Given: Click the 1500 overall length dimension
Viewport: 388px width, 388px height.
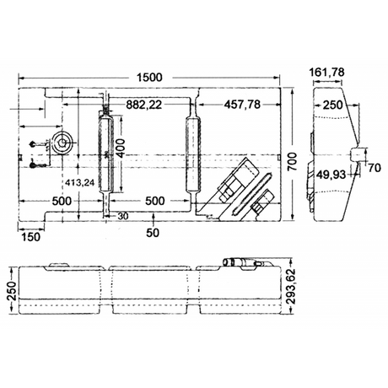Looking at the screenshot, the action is point(149,78).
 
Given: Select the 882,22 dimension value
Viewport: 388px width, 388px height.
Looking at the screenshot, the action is point(144,105).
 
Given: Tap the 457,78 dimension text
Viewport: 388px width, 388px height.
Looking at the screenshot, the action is point(242,105).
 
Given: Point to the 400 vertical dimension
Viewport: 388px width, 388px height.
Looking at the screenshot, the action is point(121,148).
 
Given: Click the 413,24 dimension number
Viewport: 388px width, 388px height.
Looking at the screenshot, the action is point(80,183).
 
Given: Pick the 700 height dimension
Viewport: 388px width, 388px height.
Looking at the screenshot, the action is point(293,161).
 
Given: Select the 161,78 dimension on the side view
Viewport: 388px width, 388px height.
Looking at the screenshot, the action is point(326,73).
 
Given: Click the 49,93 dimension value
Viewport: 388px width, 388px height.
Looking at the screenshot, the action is point(331,175).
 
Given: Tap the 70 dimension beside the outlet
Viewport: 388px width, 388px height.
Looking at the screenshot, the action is point(375,168).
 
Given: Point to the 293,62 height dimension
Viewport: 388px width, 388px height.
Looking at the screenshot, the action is point(293,286).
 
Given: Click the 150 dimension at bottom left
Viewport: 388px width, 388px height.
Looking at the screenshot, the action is point(31,237).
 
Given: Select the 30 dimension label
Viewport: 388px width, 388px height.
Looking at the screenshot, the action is point(123,216).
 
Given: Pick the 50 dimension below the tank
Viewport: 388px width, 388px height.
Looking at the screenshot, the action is point(153,233).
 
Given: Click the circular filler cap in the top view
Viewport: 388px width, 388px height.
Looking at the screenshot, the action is point(62,143).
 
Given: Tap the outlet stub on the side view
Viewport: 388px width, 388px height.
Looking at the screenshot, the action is point(356,154).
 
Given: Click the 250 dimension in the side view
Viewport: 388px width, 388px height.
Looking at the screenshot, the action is point(333,105).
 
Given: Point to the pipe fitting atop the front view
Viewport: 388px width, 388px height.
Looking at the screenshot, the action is point(246,263).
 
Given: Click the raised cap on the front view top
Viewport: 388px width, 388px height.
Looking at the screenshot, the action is point(59,265).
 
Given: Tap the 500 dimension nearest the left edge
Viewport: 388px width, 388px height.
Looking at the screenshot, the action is point(62,202).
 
